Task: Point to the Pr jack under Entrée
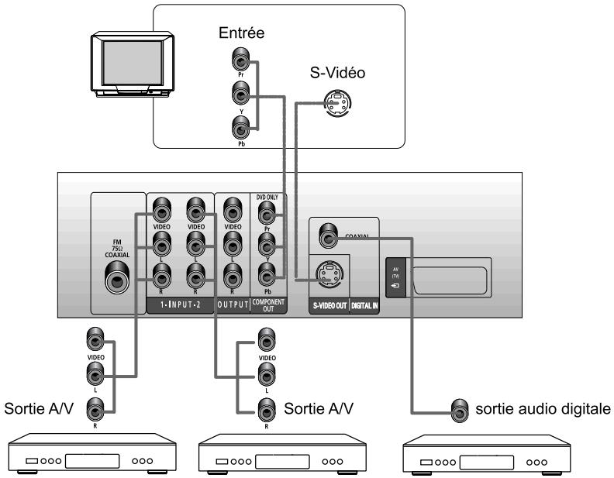click(x=241, y=60)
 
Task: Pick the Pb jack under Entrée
click(x=241, y=128)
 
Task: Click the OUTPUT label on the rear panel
click(x=232, y=304)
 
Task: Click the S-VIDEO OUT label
click(x=328, y=304)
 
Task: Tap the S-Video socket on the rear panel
click(x=329, y=273)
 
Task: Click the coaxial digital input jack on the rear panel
click(x=328, y=232)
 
